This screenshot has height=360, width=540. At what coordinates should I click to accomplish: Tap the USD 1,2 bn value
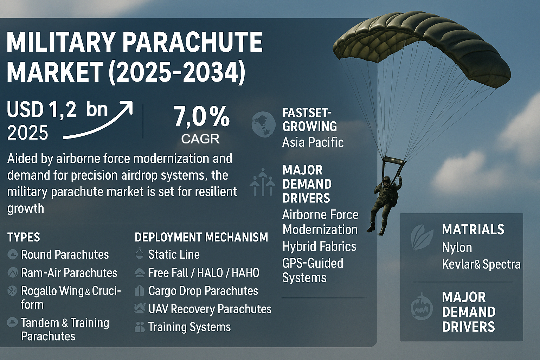57,109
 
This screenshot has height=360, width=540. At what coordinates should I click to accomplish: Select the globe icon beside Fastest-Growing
263,124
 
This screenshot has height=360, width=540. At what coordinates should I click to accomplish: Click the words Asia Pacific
313,142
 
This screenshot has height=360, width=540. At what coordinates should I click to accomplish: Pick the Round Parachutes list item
65,255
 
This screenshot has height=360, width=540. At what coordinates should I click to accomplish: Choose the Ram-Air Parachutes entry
69,273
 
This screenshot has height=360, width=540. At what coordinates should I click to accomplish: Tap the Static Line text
174,255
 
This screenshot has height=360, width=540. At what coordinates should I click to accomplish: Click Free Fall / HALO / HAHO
204,273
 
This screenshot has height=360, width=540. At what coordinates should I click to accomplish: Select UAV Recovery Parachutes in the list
210,309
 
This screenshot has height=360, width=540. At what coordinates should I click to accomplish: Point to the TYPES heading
24,237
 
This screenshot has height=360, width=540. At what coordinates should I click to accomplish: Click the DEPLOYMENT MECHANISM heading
201,237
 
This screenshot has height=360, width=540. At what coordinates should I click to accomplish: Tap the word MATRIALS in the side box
473,229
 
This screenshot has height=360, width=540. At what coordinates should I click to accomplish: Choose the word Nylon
457,248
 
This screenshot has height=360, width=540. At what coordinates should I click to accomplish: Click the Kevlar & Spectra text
481,264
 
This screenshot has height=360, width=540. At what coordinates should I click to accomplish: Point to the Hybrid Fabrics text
319,246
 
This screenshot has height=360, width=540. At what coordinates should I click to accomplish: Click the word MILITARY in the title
60,43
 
